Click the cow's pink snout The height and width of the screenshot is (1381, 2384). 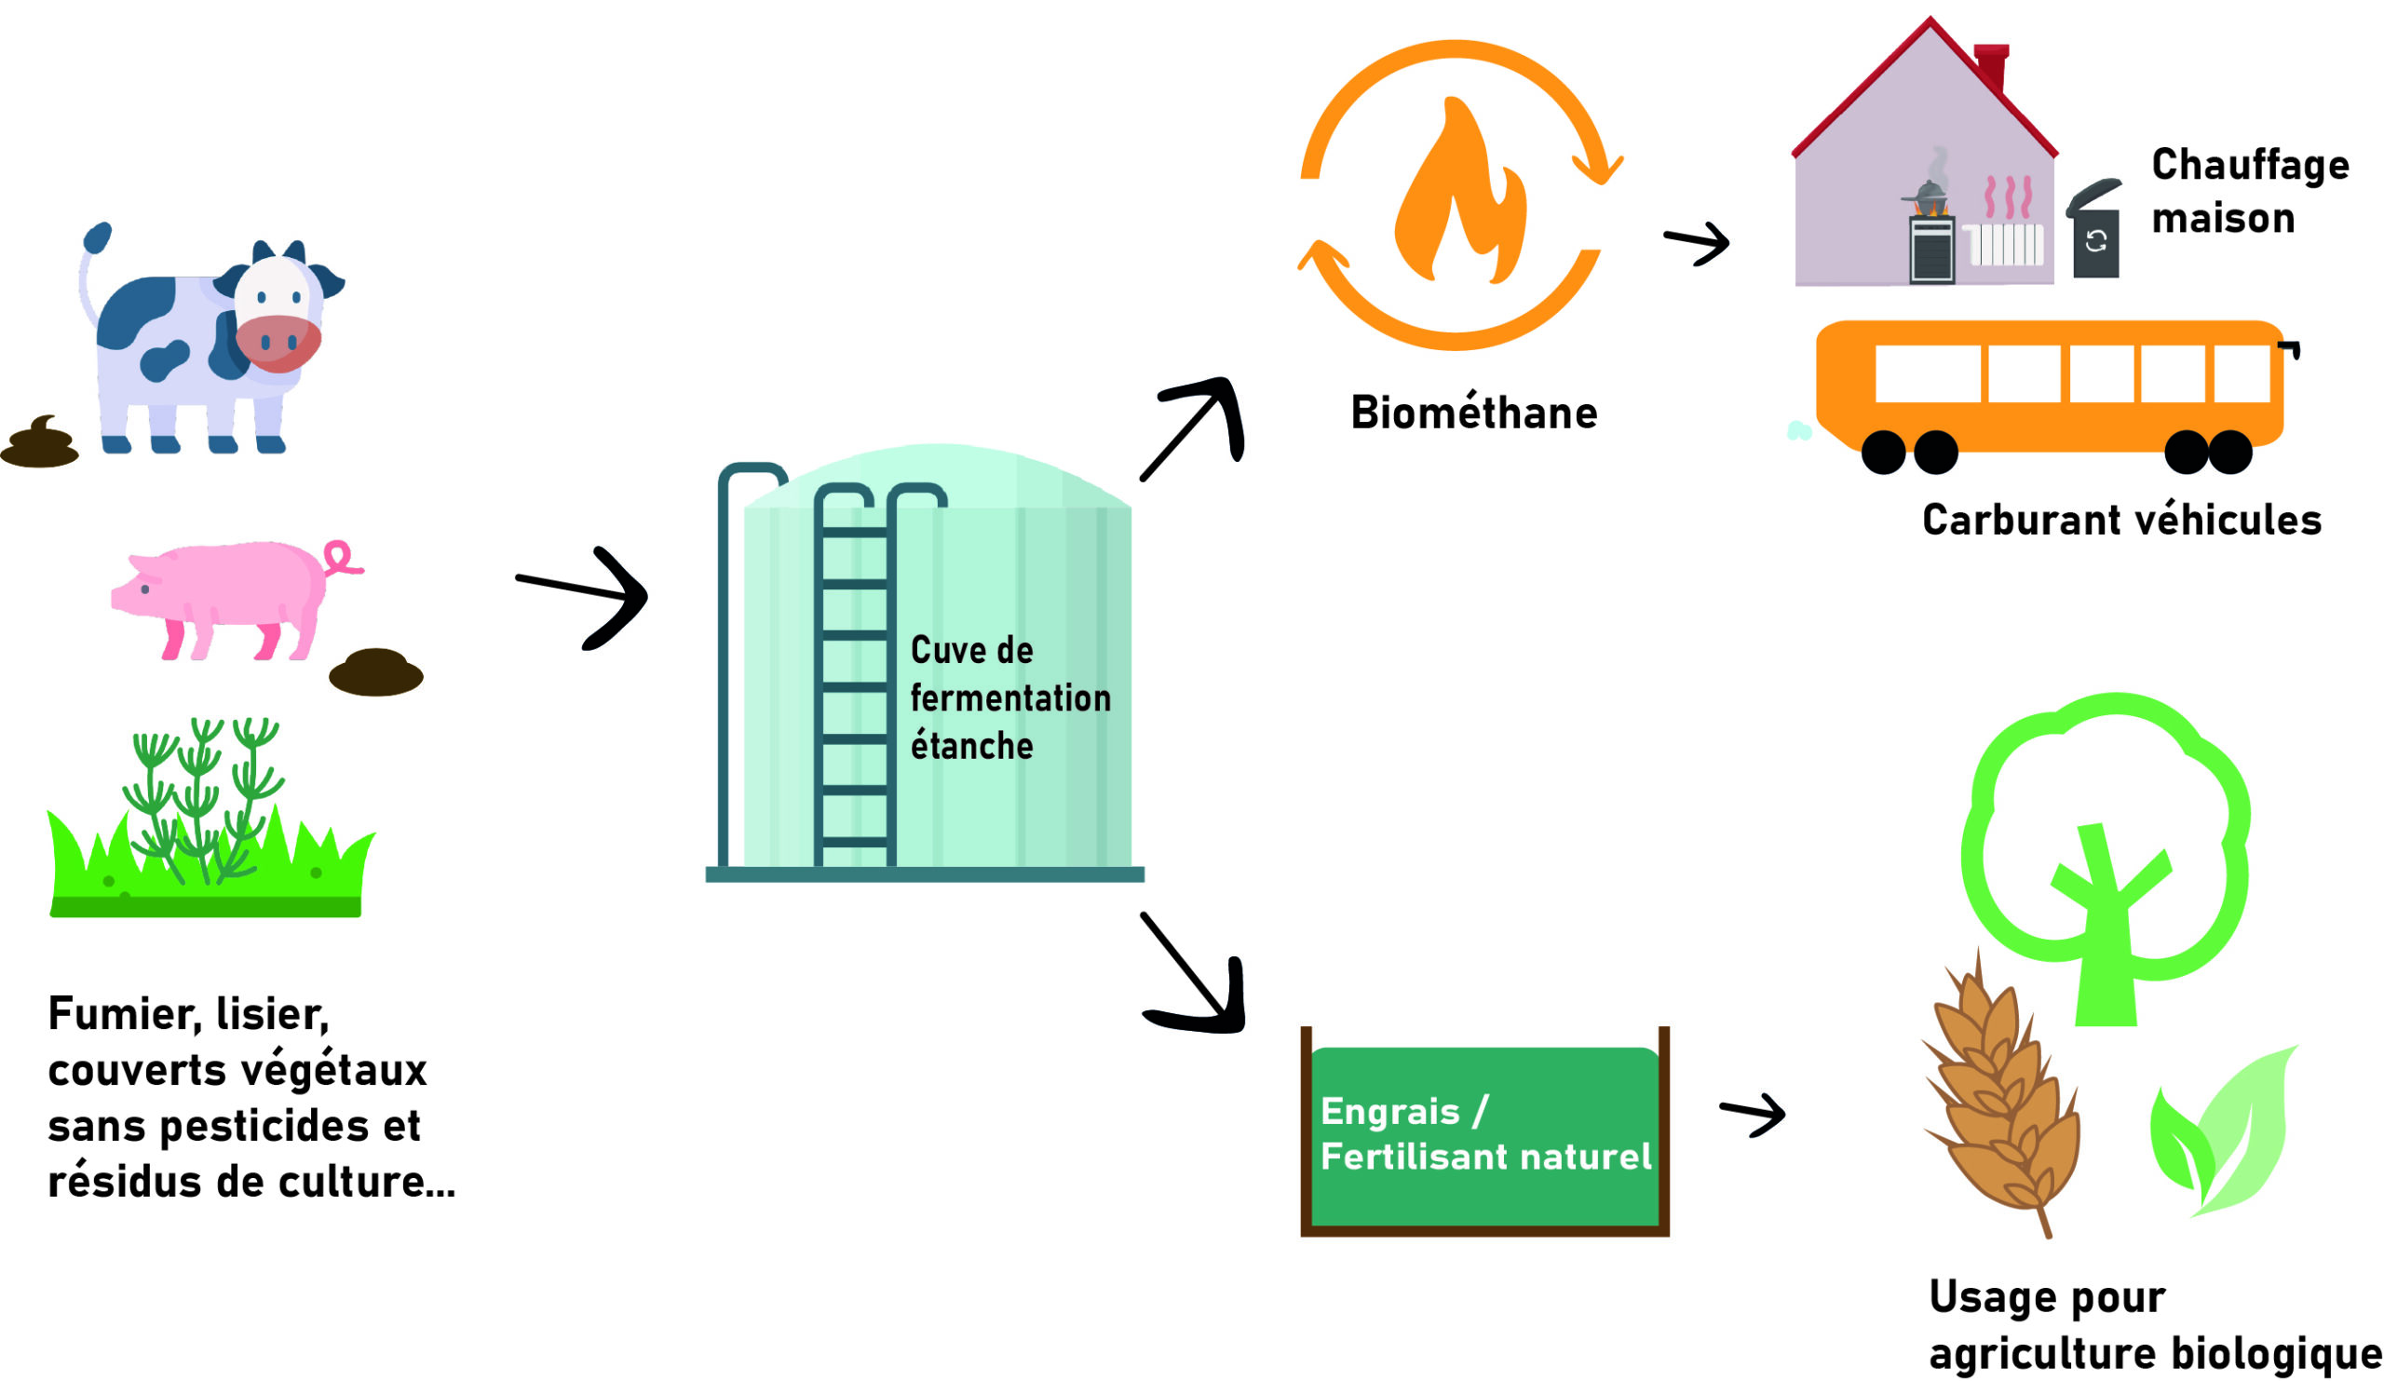pos(278,343)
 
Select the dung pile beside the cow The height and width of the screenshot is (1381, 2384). pos(40,442)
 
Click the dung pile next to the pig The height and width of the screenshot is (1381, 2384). pos(375,671)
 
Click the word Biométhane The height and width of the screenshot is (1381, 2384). pos(1473,413)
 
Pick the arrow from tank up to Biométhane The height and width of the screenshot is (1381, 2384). pos(1194,426)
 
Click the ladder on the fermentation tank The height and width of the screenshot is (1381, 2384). pos(854,681)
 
